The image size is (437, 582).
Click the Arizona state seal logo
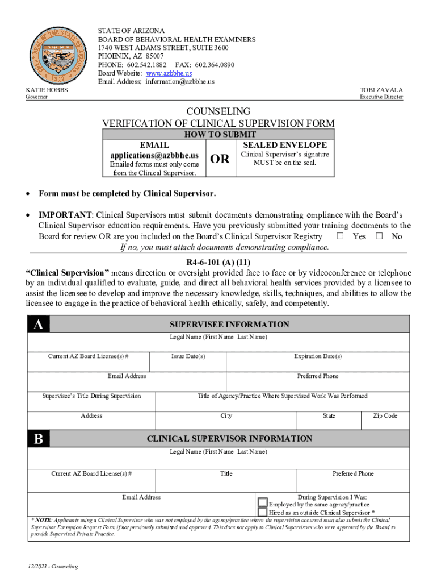coord(55,55)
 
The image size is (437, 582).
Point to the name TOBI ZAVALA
coord(381,90)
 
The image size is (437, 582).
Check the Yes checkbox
coord(341,236)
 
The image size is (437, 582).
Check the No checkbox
coord(380,236)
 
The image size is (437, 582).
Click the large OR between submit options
coord(220,159)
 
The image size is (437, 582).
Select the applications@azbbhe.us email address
coord(154,155)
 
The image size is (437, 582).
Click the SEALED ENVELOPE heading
coord(285,145)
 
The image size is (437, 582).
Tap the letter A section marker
coord(38,324)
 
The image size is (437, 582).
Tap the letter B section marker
coord(38,438)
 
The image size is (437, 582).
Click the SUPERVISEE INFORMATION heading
coord(229,325)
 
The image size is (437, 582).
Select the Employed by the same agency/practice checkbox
coord(263,502)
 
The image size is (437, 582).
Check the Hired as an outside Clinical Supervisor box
coord(263,512)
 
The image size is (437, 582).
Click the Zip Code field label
coord(385,415)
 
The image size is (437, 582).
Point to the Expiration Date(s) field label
coord(318,356)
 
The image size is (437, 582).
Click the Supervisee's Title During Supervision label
coord(92,396)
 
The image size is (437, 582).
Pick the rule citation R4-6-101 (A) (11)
coord(218,262)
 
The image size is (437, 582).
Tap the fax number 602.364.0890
coord(214,65)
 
